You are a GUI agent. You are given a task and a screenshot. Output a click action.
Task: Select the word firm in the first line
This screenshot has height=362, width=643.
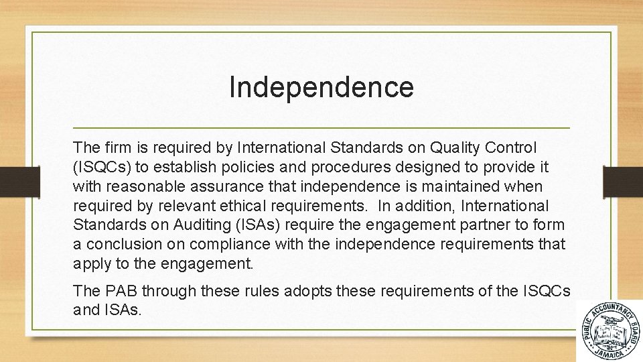click(x=115, y=147)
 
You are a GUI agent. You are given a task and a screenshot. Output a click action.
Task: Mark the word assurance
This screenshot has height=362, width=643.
click(x=234, y=186)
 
